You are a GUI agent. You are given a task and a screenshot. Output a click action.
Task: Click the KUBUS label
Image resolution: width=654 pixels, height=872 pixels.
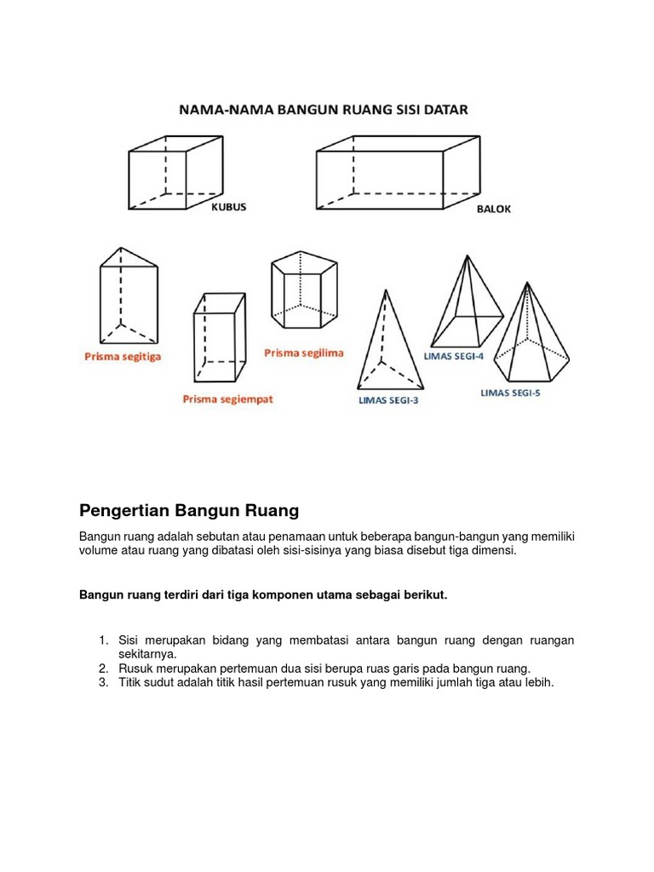[228, 207]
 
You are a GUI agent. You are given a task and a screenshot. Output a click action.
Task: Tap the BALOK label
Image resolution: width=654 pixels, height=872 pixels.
[494, 209]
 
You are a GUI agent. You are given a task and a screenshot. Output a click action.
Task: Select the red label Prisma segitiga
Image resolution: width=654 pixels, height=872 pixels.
[122, 357]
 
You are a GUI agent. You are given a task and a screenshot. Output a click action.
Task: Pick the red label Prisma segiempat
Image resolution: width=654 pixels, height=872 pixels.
[227, 399]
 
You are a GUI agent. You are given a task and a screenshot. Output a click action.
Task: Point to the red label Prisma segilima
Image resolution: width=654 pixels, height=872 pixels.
[304, 353]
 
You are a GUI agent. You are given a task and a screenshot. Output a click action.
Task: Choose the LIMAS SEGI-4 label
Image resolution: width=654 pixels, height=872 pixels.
[453, 356]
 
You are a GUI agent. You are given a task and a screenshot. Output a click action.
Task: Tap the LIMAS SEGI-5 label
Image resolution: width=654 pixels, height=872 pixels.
[510, 393]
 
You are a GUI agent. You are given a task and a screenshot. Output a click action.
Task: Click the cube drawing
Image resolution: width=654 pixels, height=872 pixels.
[168, 170]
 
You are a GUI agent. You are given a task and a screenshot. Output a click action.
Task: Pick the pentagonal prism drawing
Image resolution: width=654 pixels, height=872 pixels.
[301, 289]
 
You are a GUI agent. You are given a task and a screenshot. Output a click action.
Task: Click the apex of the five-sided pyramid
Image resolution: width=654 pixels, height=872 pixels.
[527, 284]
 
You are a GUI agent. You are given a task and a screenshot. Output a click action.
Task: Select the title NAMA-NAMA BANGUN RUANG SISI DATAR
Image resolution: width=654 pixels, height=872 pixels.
[323, 110]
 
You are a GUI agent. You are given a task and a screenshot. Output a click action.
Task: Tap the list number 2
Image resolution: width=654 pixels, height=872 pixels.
[103, 668]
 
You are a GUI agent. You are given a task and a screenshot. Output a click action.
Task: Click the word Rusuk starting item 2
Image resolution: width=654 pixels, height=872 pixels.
[135, 668]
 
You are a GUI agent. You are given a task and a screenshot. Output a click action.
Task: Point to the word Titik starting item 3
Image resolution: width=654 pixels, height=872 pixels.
[132, 682]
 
